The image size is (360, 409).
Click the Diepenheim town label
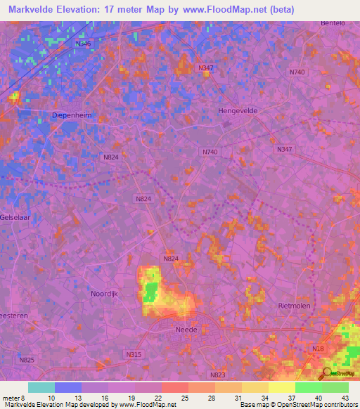click(72, 115)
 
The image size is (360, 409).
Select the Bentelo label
click(340, 23)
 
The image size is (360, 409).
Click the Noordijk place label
click(106, 294)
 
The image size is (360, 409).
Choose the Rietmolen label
click(294, 306)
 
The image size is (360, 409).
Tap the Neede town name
click(187, 328)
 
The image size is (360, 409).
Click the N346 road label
click(83, 44)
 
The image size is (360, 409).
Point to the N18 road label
click(319, 349)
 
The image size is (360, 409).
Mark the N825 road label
click(27, 360)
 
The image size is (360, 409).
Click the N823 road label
click(217, 375)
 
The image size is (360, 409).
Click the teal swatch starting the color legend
click(41, 387)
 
